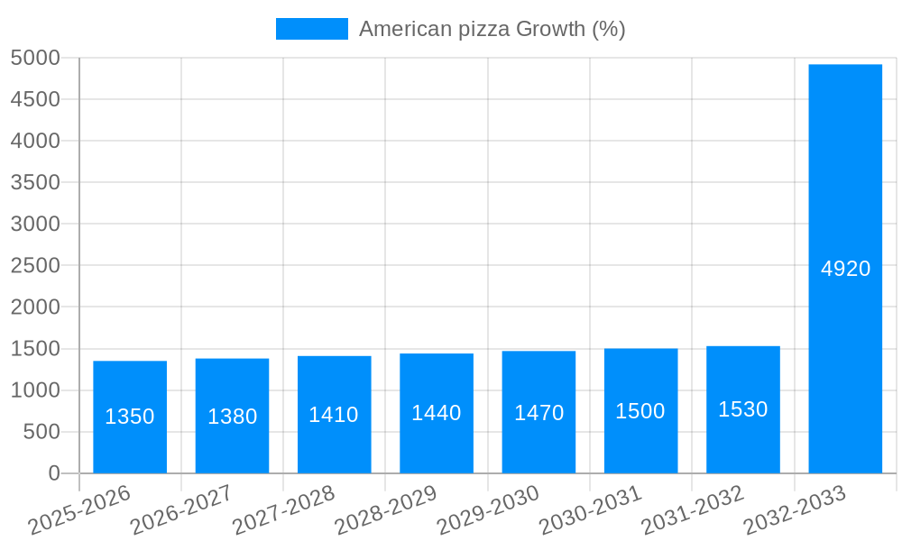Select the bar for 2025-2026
click(x=130, y=417)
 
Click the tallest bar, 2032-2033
click(x=845, y=269)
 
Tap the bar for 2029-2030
click(x=538, y=412)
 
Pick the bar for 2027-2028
click(x=334, y=414)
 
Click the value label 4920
click(x=845, y=269)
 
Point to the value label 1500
click(x=640, y=411)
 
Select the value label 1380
click(x=232, y=417)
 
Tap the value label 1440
click(x=437, y=413)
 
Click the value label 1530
click(x=742, y=409)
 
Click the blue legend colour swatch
click(x=311, y=29)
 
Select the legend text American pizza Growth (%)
click(x=492, y=29)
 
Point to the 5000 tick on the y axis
click(x=35, y=58)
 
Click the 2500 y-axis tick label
click(x=35, y=265)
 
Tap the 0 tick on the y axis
click(x=53, y=473)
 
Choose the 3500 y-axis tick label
click(x=35, y=182)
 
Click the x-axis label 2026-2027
click(x=181, y=510)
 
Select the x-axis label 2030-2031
click(x=590, y=510)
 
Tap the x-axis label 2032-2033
click(x=795, y=510)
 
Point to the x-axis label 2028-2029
click(x=386, y=510)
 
